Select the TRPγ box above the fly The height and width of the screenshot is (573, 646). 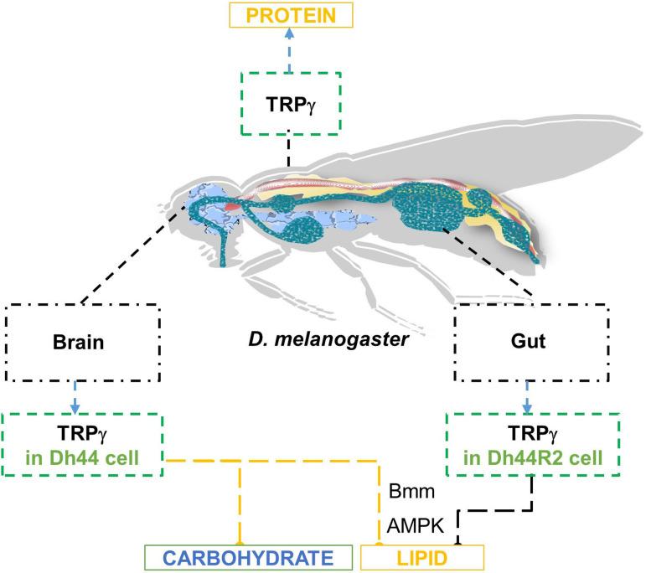[288, 102]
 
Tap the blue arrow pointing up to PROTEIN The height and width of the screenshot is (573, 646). [289, 50]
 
